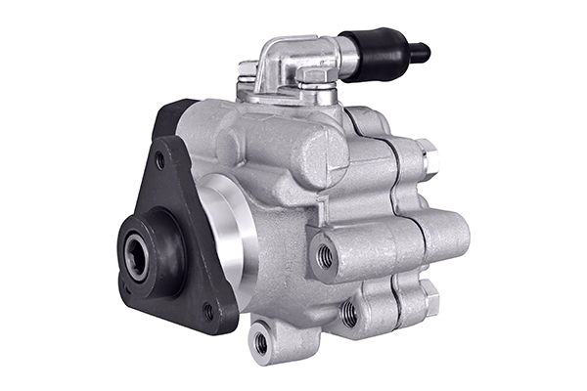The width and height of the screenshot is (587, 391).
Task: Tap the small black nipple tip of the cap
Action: tap(420, 52)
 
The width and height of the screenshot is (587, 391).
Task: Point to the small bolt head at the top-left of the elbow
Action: tap(248, 70)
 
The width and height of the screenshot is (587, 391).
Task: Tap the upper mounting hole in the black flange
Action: tap(159, 160)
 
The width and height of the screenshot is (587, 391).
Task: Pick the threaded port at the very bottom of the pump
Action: tap(261, 341)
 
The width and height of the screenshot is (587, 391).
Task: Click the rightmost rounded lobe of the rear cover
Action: tap(451, 236)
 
